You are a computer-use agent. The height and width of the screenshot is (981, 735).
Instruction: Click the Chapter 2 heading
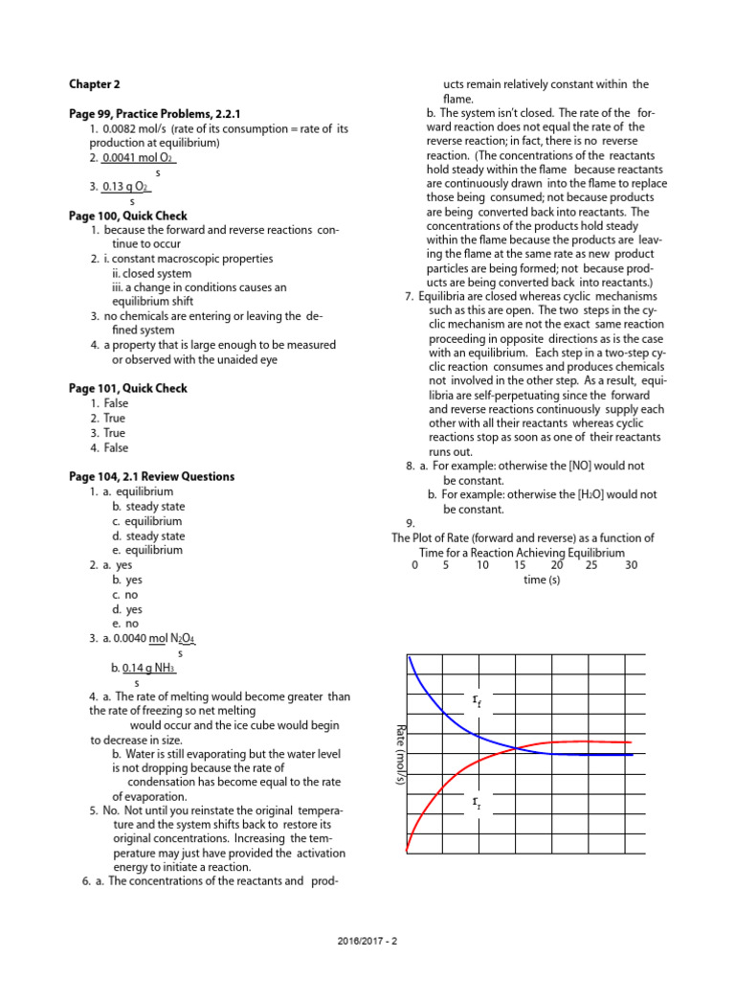click(x=95, y=84)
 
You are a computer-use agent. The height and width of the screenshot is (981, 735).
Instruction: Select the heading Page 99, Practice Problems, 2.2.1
click(x=154, y=114)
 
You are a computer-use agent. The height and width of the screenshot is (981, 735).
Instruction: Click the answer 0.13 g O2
click(x=126, y=187)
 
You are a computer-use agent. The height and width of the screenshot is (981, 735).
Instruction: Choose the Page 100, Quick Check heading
click(x=128, y=217)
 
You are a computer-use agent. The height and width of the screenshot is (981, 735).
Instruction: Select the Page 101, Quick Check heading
click(x=128, y=388)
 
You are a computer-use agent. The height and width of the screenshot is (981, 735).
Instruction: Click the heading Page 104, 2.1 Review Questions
click(x=151, y=476)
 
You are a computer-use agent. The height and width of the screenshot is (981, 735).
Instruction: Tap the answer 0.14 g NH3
click(x=149, y=668)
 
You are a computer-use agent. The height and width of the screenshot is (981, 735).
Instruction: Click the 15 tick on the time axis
click(x=520, y=565)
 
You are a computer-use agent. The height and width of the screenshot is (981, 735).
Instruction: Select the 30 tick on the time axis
click(x=631, y=565)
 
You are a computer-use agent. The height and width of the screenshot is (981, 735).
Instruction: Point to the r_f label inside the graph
click(x=478, y=703)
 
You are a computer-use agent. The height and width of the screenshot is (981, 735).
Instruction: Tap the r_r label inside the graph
click(x=478, y=801)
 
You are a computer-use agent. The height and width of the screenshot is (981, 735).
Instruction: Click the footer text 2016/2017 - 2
click(x=367, y=940)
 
